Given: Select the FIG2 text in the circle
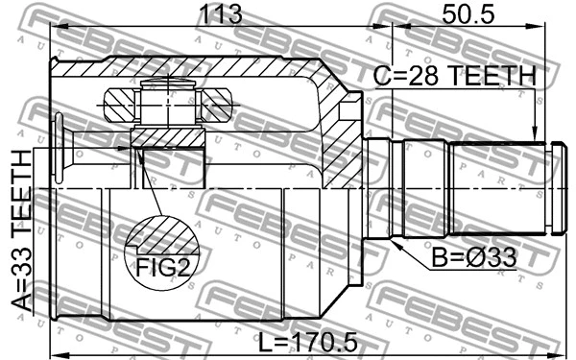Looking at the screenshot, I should pyautogui.click(x=160, y=266).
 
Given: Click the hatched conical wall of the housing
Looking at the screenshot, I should pyautogui.click(x=338, y=134).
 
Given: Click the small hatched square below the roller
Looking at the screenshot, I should pyautogui.click(x=167, y=137).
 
